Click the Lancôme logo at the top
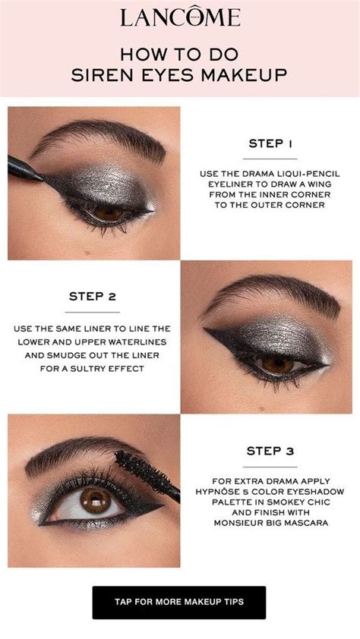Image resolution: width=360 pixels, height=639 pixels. [x=180, y=18]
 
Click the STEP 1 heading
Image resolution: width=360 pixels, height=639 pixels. [x=270, y=143]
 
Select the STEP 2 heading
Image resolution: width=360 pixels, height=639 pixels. [x=92, y=296]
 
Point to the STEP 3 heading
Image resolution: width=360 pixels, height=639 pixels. [x=270, y=451]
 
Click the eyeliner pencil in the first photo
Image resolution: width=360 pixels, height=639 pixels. [x=27, y=168]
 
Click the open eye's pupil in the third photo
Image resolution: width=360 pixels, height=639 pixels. [x=95, y=499]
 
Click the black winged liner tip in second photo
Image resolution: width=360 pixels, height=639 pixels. [x=207, y=329]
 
